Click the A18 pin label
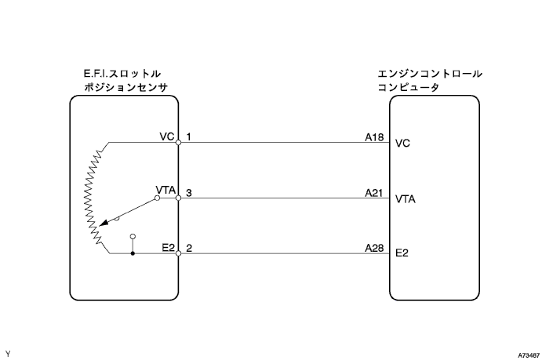click(374, 136)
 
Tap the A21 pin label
click(374, 192)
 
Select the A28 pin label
click(374, 247)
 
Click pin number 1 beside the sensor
click(189, 136)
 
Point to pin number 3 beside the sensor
click(189, 192)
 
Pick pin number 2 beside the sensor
click(189, 247)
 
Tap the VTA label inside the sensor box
click(166, 191)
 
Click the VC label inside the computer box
click(403, 144)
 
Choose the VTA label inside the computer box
click(406, 199)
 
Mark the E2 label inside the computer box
click(402, 254)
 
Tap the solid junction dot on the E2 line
click(133, 253)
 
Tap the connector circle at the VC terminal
click(179, 143)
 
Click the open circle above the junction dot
click(133, 235)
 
